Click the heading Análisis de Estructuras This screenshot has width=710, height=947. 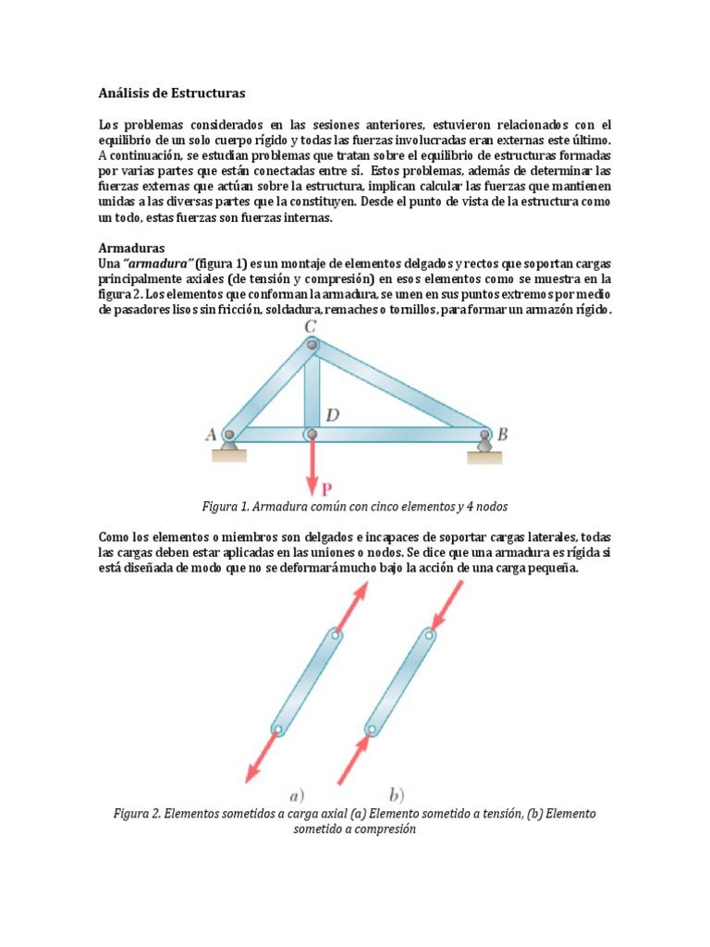point(172,92)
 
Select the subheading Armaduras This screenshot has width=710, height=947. point(131,249)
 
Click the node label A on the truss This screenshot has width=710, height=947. point(211,433)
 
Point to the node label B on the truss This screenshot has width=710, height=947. point(502,433)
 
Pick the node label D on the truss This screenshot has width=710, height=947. point(331,416)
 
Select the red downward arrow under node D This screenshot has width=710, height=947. point(312,461)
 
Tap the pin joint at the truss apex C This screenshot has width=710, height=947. point(312,345)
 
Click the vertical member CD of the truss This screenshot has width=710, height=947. point(312,388)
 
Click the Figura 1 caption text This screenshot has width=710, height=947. point(354,507)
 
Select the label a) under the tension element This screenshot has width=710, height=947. point(297,793)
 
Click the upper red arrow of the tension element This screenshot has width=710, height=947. point(352,606)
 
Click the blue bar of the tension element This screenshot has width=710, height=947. point(305,683)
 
